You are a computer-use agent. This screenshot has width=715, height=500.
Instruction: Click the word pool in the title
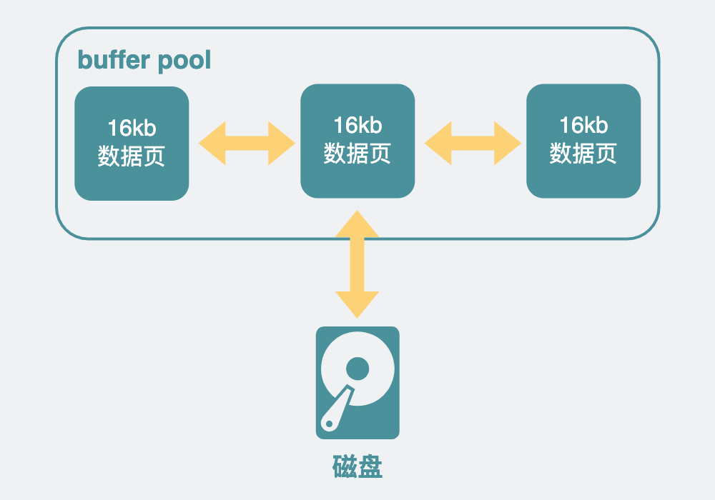tap(184, 61)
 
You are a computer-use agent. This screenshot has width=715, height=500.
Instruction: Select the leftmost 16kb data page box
tap(132, 143)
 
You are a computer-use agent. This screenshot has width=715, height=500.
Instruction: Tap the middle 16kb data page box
tap(357, 141)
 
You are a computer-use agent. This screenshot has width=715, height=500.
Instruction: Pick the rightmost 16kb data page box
tap(583, 141)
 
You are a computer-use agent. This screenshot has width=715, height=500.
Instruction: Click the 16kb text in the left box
tap(132, 129)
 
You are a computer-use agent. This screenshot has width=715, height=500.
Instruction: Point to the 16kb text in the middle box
tap(357, 126)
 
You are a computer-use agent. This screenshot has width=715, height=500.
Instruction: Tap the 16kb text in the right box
tap(583, 126)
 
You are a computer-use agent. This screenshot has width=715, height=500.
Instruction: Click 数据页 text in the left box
tap(132, 156)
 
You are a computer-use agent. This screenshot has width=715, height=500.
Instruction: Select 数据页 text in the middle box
tap(357, 153)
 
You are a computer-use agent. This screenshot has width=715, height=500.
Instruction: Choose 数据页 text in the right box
tap(583, 153)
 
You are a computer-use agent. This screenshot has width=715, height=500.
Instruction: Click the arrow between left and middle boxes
tap(246, 143)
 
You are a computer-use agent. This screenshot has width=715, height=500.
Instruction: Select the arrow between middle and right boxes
tap(472, 143)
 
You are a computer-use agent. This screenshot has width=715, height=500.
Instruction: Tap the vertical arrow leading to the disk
tap(357, 264)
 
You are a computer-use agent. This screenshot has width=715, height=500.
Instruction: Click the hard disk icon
tap(357, 382)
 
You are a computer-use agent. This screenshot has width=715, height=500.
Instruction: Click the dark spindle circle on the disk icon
tap(357, 369)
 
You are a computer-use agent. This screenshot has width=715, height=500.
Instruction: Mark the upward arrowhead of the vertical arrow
tap(357, 223)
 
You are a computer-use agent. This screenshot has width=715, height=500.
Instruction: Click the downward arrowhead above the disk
tap(357, 305)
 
